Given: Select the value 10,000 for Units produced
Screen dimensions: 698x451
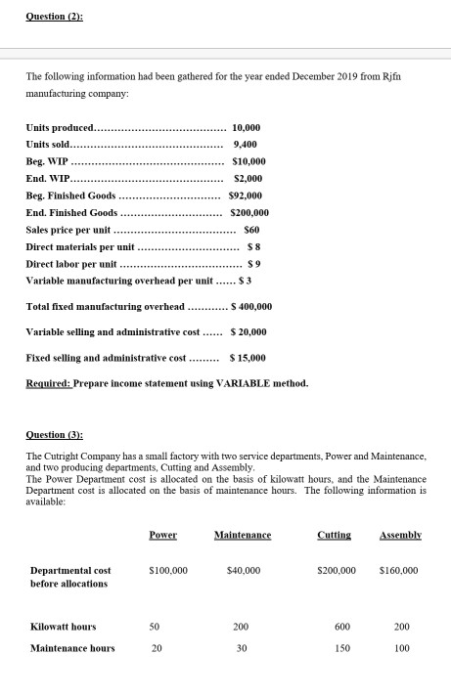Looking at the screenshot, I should pos(248,128).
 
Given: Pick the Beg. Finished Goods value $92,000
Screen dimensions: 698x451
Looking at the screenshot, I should pos(248,196).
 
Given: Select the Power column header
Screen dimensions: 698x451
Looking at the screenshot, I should pos(162,535).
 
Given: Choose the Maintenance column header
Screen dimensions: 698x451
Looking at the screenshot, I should pos(242,535).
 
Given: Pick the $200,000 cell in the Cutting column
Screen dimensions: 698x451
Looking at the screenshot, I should pos(337,570).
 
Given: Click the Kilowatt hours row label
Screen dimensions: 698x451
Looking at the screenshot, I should pos(63,627).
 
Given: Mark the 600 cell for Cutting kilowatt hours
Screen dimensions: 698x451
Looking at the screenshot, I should pos(337,627).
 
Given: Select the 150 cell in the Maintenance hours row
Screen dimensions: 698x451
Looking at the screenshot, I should pos(337,648).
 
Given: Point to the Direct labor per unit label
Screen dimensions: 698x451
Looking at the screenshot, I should pos(70,265).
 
